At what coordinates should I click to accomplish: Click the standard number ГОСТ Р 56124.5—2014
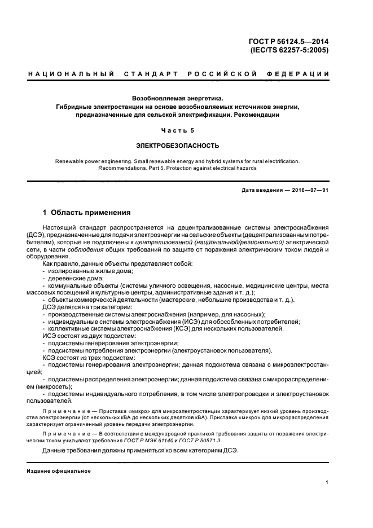pyautogui.click(x=288, y=40)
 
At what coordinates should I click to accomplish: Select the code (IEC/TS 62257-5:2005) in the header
pyautogui.click(x=289, y=50)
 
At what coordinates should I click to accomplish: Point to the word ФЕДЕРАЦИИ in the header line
pyautogui.click(x=301, y=74)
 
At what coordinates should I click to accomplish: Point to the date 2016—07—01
pyautogui.click(x=310, y=190)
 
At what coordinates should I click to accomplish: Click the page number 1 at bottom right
pyautogui.click(x=327, y=483)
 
